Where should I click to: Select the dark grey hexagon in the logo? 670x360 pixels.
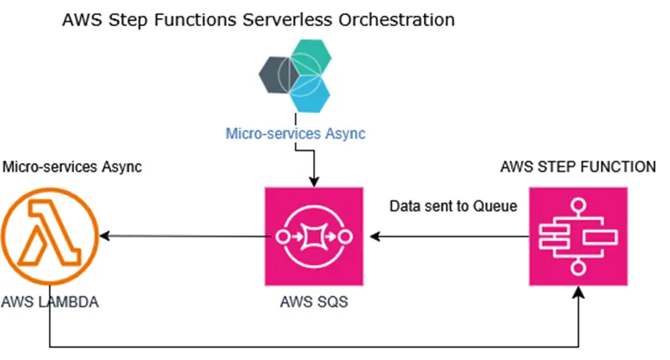coord(278,75)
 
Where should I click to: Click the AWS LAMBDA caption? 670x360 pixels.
coord(50,302)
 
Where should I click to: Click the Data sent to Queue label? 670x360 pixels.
coord(454,207)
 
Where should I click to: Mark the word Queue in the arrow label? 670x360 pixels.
coord(498,207)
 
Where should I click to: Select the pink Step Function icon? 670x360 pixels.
coord(579,237)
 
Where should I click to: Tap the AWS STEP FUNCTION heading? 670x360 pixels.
coord(578,167)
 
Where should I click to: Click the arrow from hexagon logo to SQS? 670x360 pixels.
coord(314,165)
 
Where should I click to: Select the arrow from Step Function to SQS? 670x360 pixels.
coord(447,237)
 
